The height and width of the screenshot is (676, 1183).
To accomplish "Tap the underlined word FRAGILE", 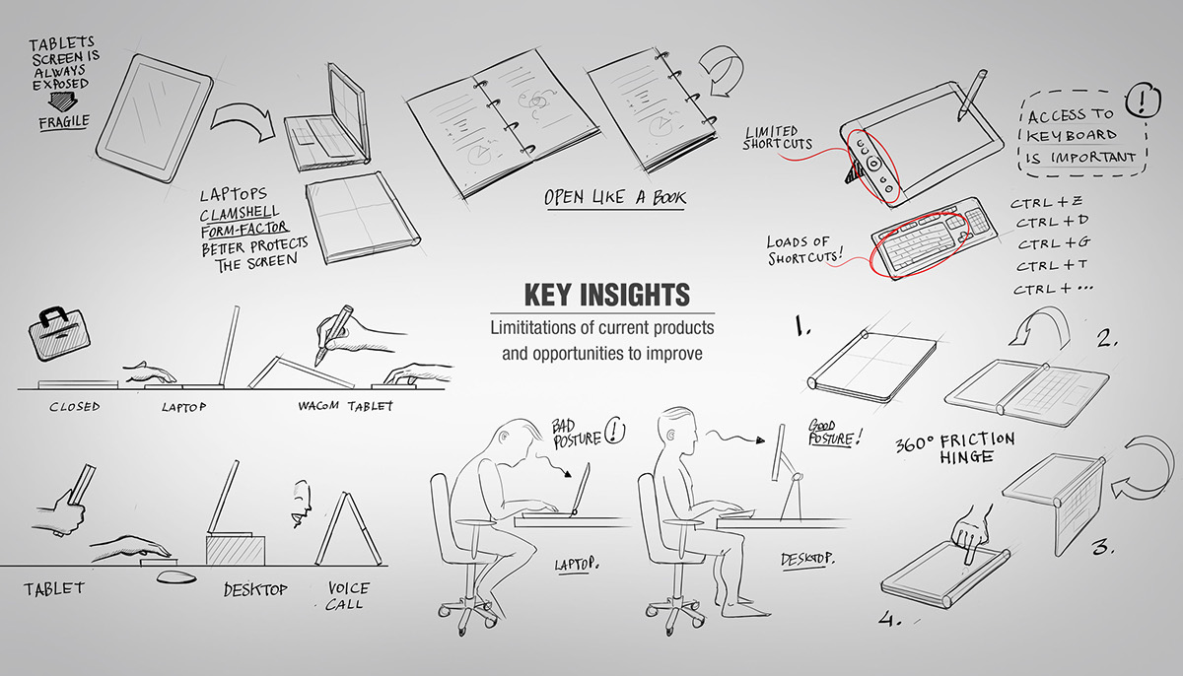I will tap(64, 122).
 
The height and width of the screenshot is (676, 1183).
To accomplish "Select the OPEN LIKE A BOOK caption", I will tap(615, 197).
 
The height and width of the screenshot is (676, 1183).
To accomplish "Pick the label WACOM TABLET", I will tap(346, 405).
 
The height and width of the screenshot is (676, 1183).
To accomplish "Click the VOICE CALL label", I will tap(348, 595).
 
